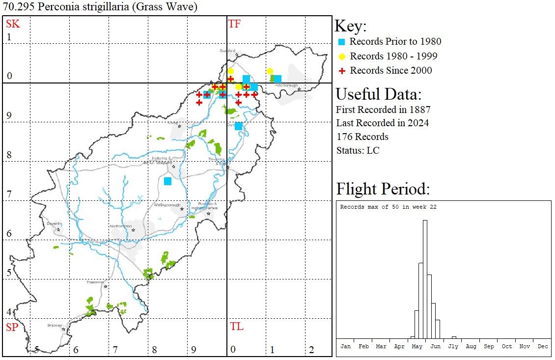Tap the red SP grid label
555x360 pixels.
pos(12,327)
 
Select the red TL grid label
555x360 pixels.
pos(236,327)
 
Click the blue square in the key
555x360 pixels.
pos(343,42)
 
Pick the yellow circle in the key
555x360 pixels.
pos(343,56)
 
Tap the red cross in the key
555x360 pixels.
pos(343,70)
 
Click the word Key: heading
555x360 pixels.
pos(351,26)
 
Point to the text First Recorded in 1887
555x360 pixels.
pos(383,109)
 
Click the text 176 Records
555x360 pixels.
pos(362,137)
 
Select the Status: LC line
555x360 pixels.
pos(358,150)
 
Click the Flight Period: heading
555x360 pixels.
pos(383,189)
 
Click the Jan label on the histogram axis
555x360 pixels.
pos(346,346)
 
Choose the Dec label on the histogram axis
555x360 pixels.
pos(543,346)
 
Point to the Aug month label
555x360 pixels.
pos(471,346)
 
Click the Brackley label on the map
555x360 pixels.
pos(55,325)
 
